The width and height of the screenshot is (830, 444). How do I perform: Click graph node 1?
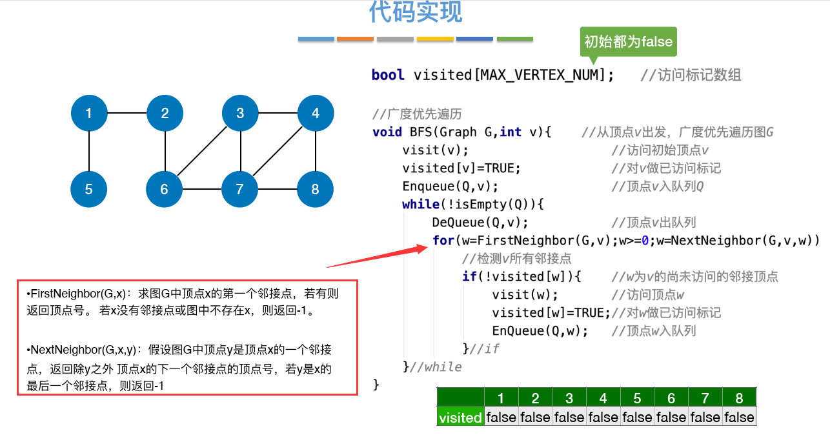(x=89, y=114)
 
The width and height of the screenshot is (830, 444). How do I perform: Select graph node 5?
(x=89, y=189)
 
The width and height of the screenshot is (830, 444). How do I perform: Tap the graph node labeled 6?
(x=165, y=189)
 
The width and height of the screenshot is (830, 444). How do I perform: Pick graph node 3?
(x=240, y=114)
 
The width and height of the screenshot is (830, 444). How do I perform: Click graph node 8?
(x=315, y=189)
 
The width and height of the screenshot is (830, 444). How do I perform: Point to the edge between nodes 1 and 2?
(x=127, y=114)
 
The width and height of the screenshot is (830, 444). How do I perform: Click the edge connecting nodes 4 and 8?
(x=315, y=152)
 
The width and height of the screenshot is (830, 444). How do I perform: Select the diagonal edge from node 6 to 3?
(x=203, y=151)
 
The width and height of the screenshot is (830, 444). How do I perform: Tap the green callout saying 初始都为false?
(x=628, y=42)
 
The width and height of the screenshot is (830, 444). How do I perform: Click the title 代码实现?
(x=416, y=12)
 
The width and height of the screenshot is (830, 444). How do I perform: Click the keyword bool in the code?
(x=388, y=75)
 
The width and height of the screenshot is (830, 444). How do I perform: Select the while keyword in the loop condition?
(x=418, y=205)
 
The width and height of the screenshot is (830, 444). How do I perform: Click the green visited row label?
(x=460, y=417)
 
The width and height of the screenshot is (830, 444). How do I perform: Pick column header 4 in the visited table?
(x=603, y=398)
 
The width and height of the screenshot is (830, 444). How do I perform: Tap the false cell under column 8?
(x=739, y=417)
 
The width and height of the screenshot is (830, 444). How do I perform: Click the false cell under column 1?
(x=501, y=417)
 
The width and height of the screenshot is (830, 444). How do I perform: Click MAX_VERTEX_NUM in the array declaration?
(x=540, y=75)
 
